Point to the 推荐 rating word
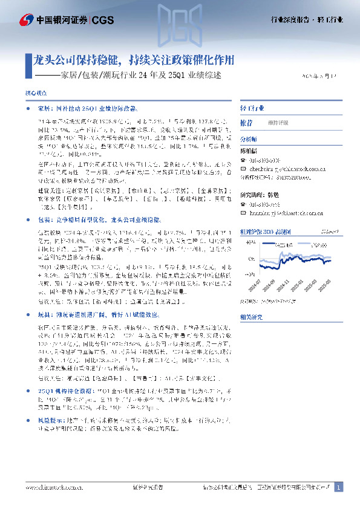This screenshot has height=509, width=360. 246,122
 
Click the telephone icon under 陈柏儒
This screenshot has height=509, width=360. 243,160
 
